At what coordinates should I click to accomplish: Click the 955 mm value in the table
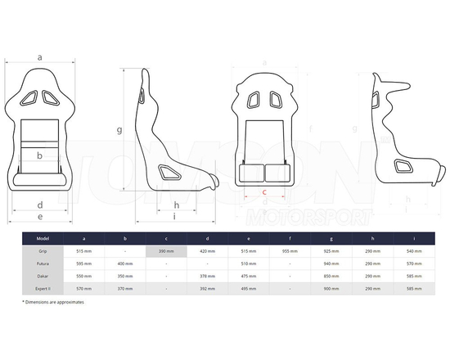[x=290, y=251]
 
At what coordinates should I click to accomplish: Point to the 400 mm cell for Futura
[x=125, y=264]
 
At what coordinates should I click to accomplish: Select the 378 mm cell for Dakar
[x=208, y=277]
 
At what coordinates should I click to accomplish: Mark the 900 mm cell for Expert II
[x=331, y=289]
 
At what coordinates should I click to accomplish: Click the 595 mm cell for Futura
[x=83, y=264]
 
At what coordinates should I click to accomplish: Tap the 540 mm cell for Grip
[x=413, y=251]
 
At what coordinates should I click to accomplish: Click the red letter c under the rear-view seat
[x=263, y=192]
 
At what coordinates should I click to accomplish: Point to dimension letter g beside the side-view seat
[x=119, y=129]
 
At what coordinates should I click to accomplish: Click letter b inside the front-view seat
[x=39, y=155]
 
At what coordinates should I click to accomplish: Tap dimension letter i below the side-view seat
[x=175, y=216]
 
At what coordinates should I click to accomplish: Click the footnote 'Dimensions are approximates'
[x=56, y=303]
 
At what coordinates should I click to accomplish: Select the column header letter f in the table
[x=290, y=238]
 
